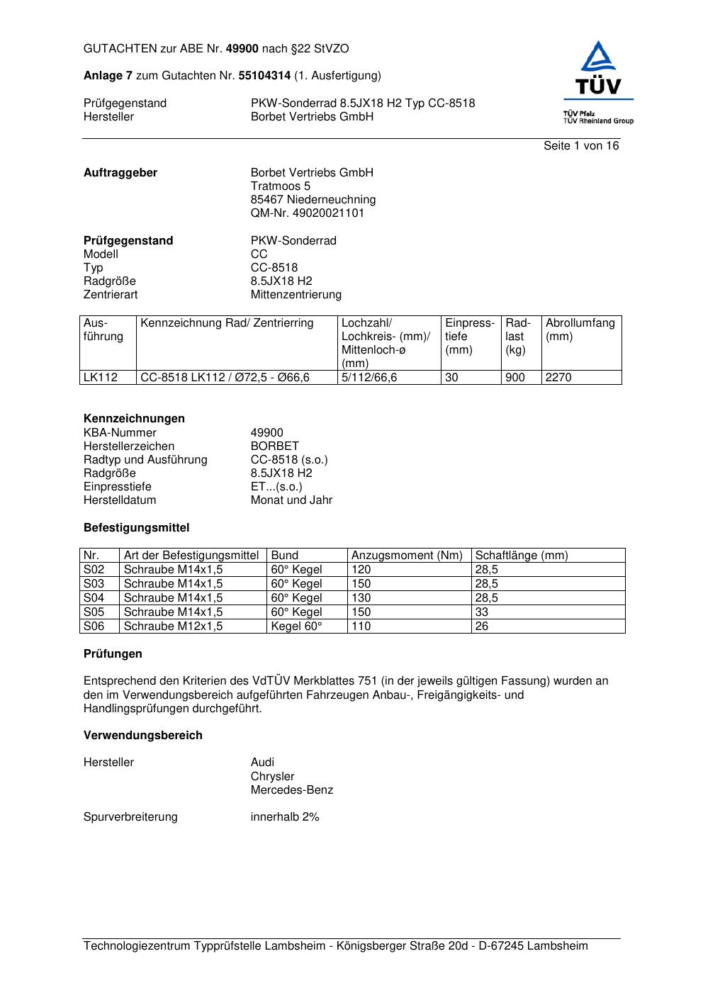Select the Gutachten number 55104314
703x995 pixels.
(264, 75)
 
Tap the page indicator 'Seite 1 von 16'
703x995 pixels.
(580, 146)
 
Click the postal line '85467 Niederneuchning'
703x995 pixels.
(313, 200)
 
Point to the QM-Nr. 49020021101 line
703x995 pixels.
(307, 213)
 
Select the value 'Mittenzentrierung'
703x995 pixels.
(296, 295)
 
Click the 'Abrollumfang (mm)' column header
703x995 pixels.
(580, 330)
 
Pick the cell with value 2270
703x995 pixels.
(558, 378)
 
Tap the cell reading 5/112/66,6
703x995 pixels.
(369, 378)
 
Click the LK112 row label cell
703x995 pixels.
(100, 378)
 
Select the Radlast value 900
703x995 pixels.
(514, 378)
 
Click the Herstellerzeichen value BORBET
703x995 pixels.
(274, 446)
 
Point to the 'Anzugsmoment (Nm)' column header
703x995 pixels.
(407, 556)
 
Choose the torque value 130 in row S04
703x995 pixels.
(361, 598)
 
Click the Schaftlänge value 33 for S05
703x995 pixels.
(482, 612)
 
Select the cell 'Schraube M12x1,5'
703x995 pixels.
(173, 626)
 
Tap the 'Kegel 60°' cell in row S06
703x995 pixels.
(296, 626)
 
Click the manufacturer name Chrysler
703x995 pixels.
(272, 777)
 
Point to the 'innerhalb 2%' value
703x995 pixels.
(284, 817)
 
